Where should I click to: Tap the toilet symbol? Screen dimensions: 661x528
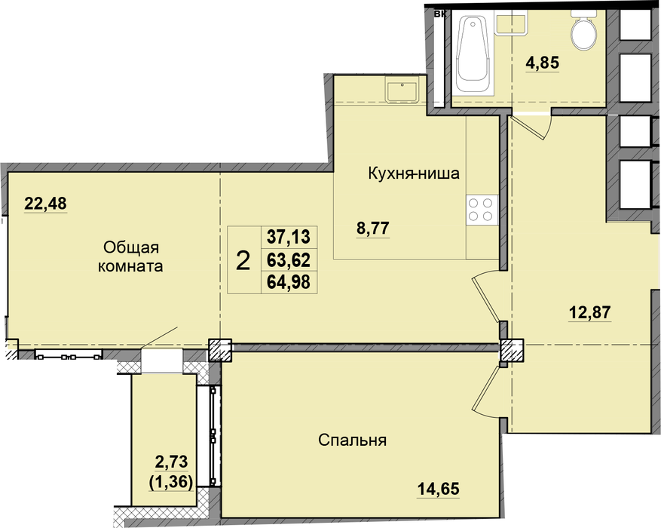pyautogui.click(x=583, y=29)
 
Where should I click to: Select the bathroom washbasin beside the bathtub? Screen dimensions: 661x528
pyautogui.click(x=510, y=23)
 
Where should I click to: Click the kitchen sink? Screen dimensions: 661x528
pyautogui.click(x=402, y=91)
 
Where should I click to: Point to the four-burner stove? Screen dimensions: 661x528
pyautogui.click(x=482, y=210)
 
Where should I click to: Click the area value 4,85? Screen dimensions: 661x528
pyautogui.click(x=542, y=63)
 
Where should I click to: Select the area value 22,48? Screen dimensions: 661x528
pyautogui.click(x=45, y=204)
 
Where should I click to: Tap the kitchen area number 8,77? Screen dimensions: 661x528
pyautogui.click(x=372, y=229)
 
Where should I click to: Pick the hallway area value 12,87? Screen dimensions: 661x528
pyautogui.click(x=589, y=312)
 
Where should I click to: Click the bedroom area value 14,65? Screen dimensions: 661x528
pyautogui.click(x=439, y=490)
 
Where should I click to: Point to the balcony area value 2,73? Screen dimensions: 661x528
pyautogui.click(x=171, y=462)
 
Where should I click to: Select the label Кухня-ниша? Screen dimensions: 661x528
pyautogui.click(x=414, y=173)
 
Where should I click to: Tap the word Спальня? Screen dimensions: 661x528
pyautogui.click(x=353, y=441)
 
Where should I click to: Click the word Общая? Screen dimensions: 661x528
pyautogui.click(x=130, y=247)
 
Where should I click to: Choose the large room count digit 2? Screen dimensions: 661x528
pyautogui.click(x=243, y=260)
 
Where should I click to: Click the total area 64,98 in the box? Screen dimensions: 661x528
pyautogui.click(x=289, y=281)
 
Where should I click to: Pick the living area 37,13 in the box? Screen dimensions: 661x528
pyautogui.click(x=289, y=237)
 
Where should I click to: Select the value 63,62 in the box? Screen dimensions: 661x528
pyautogui.click(x=289, y=259)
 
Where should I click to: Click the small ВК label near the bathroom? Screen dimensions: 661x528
pyautogui.click(x=440, y=14)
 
